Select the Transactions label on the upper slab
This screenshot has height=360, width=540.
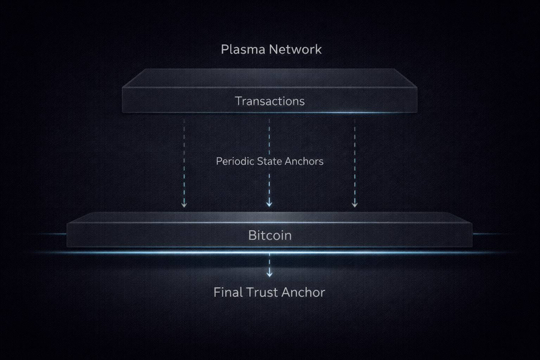coord(269,101)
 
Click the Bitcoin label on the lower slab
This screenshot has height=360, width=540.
coord(269,235)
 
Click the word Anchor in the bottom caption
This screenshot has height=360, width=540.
coord(305,292)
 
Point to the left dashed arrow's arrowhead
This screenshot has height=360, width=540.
coord(184,205)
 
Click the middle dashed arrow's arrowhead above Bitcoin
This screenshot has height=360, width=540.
coord(269,205)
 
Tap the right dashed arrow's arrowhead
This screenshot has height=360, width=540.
coord(355,205)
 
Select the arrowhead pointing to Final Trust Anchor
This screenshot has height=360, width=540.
coord(269,274)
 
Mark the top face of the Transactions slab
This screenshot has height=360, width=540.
coord(269,78)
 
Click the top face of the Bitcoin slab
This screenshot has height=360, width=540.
coord(269,218)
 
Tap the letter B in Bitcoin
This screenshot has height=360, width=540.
coord(252,235)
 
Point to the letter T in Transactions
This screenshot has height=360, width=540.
coord(238,101)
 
